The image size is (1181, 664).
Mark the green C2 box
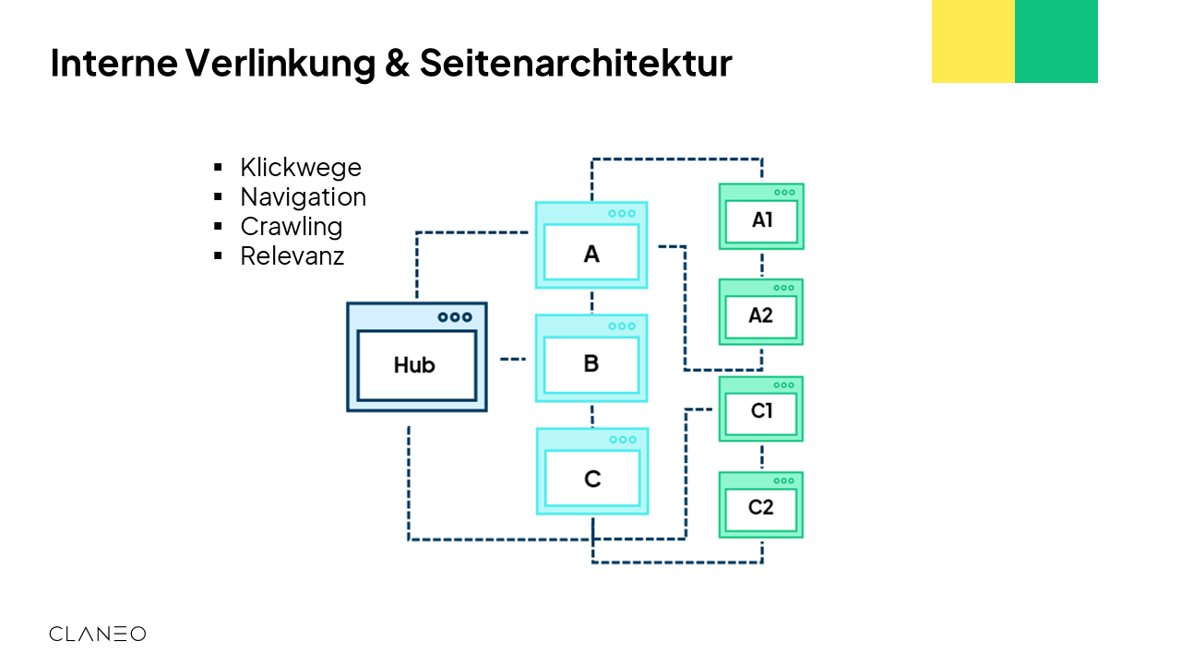[x=761, y=505]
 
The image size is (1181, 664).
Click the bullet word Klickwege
[x=301, y=168]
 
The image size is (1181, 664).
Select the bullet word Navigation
[x=303, y=197]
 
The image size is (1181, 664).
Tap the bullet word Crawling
[x=291, y=227]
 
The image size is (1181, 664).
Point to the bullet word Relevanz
[x=292, y=256]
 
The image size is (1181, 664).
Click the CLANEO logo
[x=97, y=634]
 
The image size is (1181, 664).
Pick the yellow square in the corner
[x=972, y=41]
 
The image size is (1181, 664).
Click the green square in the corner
[x=1056, y=41]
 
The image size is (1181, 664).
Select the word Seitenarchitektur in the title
[x=576, y=64]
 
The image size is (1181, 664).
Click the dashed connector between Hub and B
[x=512, y=359]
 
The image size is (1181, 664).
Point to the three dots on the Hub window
[x=455, y=317]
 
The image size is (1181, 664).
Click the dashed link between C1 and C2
[x=762, y=456]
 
